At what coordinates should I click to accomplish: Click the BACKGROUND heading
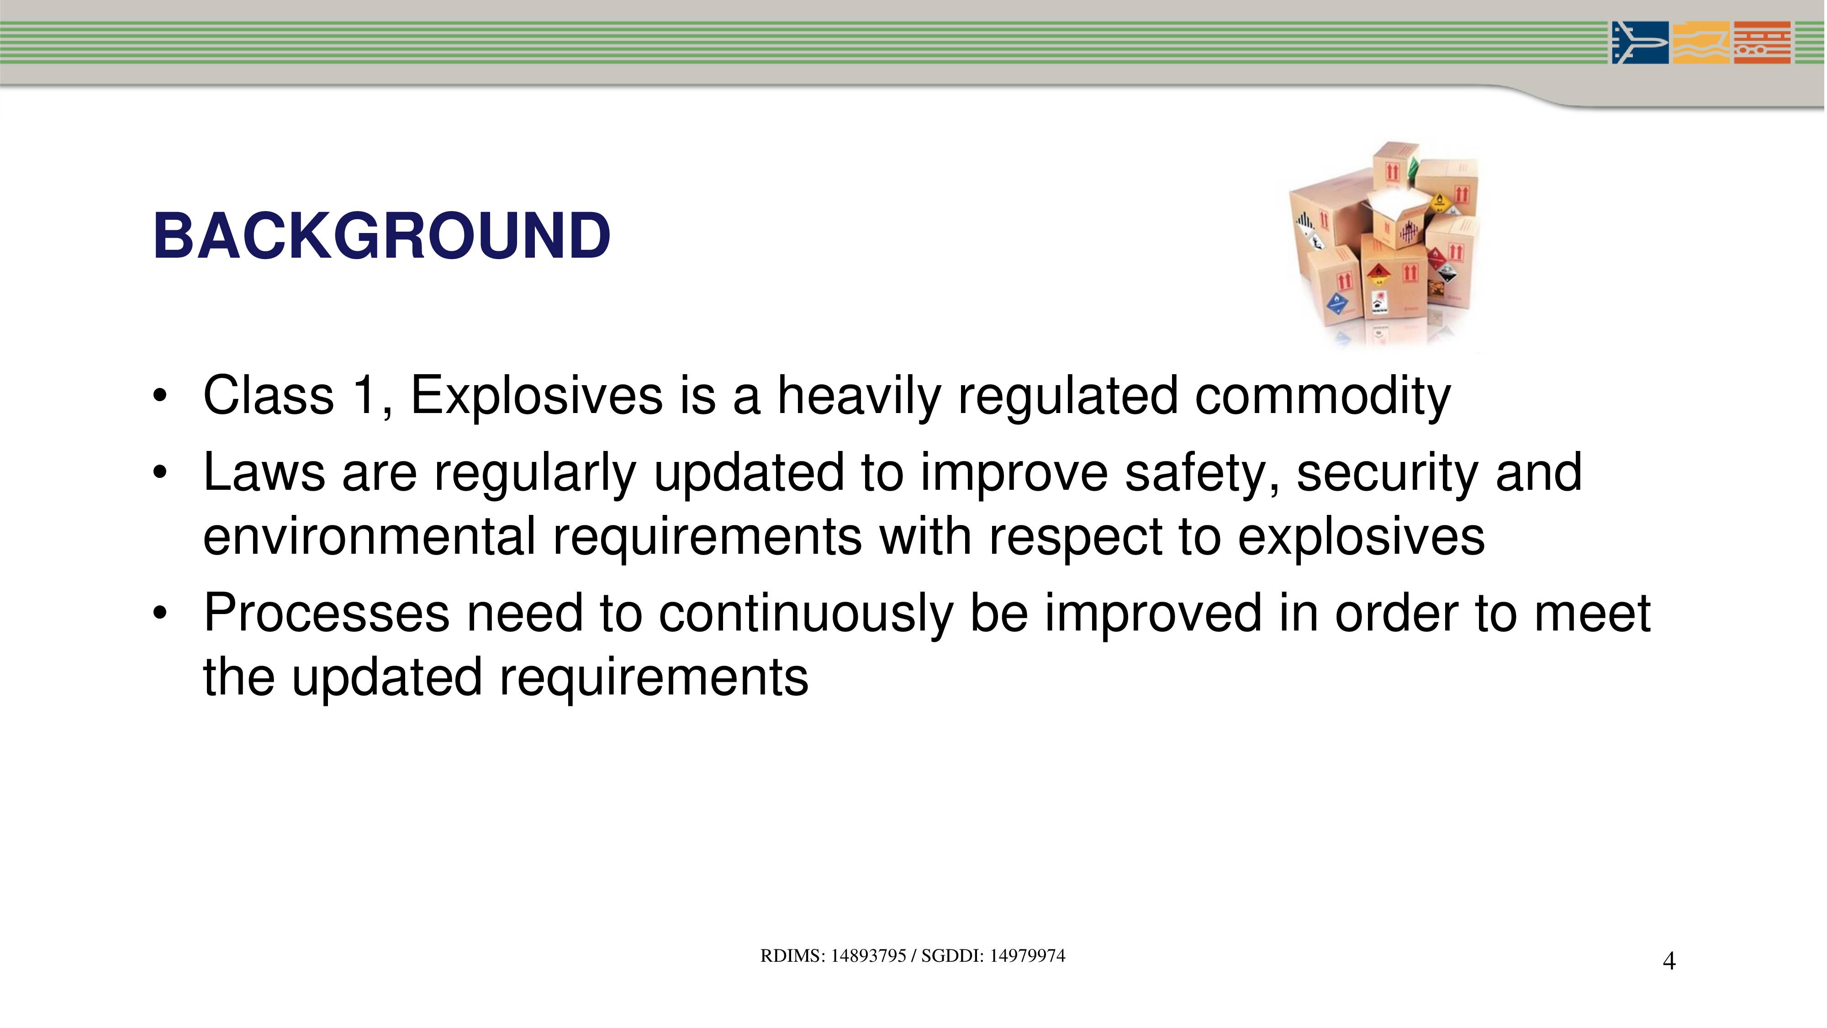coord(381,236)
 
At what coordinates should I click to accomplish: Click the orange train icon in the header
coord(1762,42)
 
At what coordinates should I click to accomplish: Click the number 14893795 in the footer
coord(868,956)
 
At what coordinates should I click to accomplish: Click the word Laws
coord(264,472)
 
